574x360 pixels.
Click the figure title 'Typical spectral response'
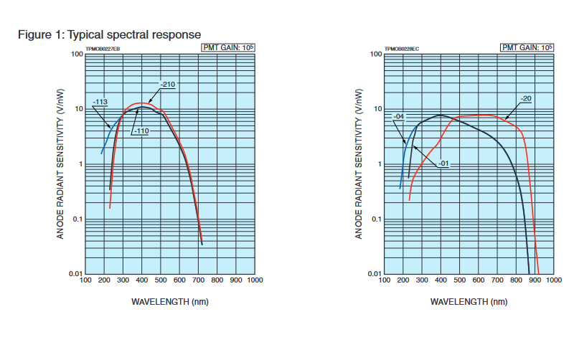[108, 34]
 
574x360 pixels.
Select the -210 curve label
[168, 85]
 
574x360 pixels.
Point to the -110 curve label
[140, 131]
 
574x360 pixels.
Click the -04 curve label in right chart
[400, 116]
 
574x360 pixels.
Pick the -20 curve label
[525, 98]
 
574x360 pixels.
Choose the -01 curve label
[444, 164]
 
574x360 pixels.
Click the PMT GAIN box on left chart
[227, 48]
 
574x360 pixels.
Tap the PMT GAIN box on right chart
[527, 48]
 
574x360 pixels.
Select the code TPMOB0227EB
[103, 49]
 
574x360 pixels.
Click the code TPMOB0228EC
[402, 49]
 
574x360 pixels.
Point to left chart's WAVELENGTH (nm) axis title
[170, 301]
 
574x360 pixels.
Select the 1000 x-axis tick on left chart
[253, 280]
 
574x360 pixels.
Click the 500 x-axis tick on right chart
[459, 280]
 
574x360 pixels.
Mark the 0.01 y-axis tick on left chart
[75, 274]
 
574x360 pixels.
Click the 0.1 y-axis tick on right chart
[377, 219]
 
